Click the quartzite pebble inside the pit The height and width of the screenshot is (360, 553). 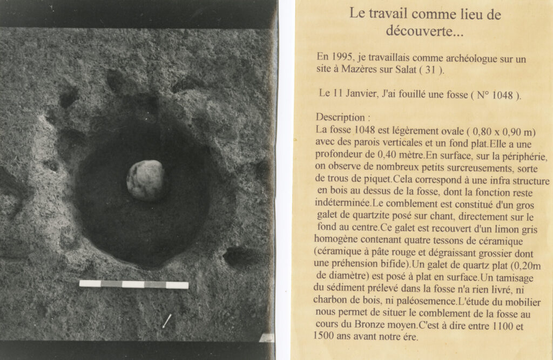145,180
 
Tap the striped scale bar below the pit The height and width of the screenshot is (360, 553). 133,284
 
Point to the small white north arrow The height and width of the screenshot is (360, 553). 167,321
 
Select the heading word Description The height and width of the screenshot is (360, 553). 339,117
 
